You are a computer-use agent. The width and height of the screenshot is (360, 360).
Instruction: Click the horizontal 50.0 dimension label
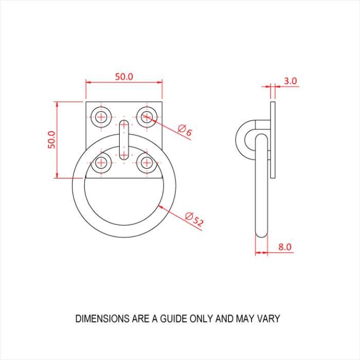click(124, 77)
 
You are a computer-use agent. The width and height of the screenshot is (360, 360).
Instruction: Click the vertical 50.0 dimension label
click(51, 140)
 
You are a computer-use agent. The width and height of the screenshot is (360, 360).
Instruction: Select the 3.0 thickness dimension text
click(291, 81)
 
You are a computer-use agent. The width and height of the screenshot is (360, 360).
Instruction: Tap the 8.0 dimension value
click(285, 247)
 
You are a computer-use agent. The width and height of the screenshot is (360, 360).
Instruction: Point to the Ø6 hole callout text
click(185, 130)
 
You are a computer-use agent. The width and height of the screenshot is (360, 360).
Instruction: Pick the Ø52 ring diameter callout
click(194, 219)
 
